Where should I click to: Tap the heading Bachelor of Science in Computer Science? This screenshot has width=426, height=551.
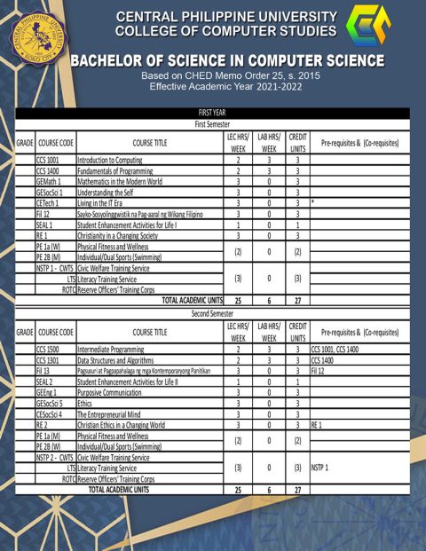pos(227,61)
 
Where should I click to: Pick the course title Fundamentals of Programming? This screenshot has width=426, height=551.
pos(116,170)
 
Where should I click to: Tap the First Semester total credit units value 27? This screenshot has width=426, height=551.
pos(297,301)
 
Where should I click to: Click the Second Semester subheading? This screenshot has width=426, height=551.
pos(212,313)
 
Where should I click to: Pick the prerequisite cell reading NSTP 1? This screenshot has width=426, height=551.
pos(320,468)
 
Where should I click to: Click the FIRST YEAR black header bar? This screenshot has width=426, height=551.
pos(212,113)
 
